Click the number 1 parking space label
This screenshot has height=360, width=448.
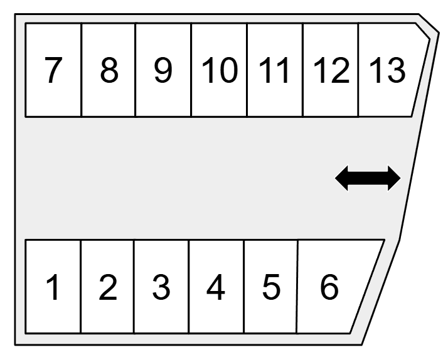pos(54,287)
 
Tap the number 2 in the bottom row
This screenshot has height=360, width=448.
pos(108,287)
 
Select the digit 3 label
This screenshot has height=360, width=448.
pos(161,287)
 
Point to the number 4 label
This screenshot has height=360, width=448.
pos(215,287)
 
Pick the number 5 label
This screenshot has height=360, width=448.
pos(271,287)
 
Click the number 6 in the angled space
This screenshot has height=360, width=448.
pos(329,287)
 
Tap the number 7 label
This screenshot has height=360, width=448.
pos(53,70)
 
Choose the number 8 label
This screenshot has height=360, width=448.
pos(109,70)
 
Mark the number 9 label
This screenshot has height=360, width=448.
pos(163,70)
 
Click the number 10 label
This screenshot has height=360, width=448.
pos(220,70)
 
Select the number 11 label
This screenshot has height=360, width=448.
pos(274,70)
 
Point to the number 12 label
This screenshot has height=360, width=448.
pos(331,70)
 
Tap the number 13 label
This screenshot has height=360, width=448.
pos(387,70)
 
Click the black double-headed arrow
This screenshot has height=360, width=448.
pos(368,178)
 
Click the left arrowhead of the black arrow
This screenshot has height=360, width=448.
pos(342,178)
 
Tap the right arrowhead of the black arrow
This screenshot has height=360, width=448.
pos(394,178)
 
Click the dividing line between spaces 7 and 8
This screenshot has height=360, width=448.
pos(82,70)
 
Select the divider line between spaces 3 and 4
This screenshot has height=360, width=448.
pos(189,287)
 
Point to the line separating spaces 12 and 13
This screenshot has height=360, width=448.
pos(358,70)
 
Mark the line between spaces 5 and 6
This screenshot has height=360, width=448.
pos(297,287)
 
